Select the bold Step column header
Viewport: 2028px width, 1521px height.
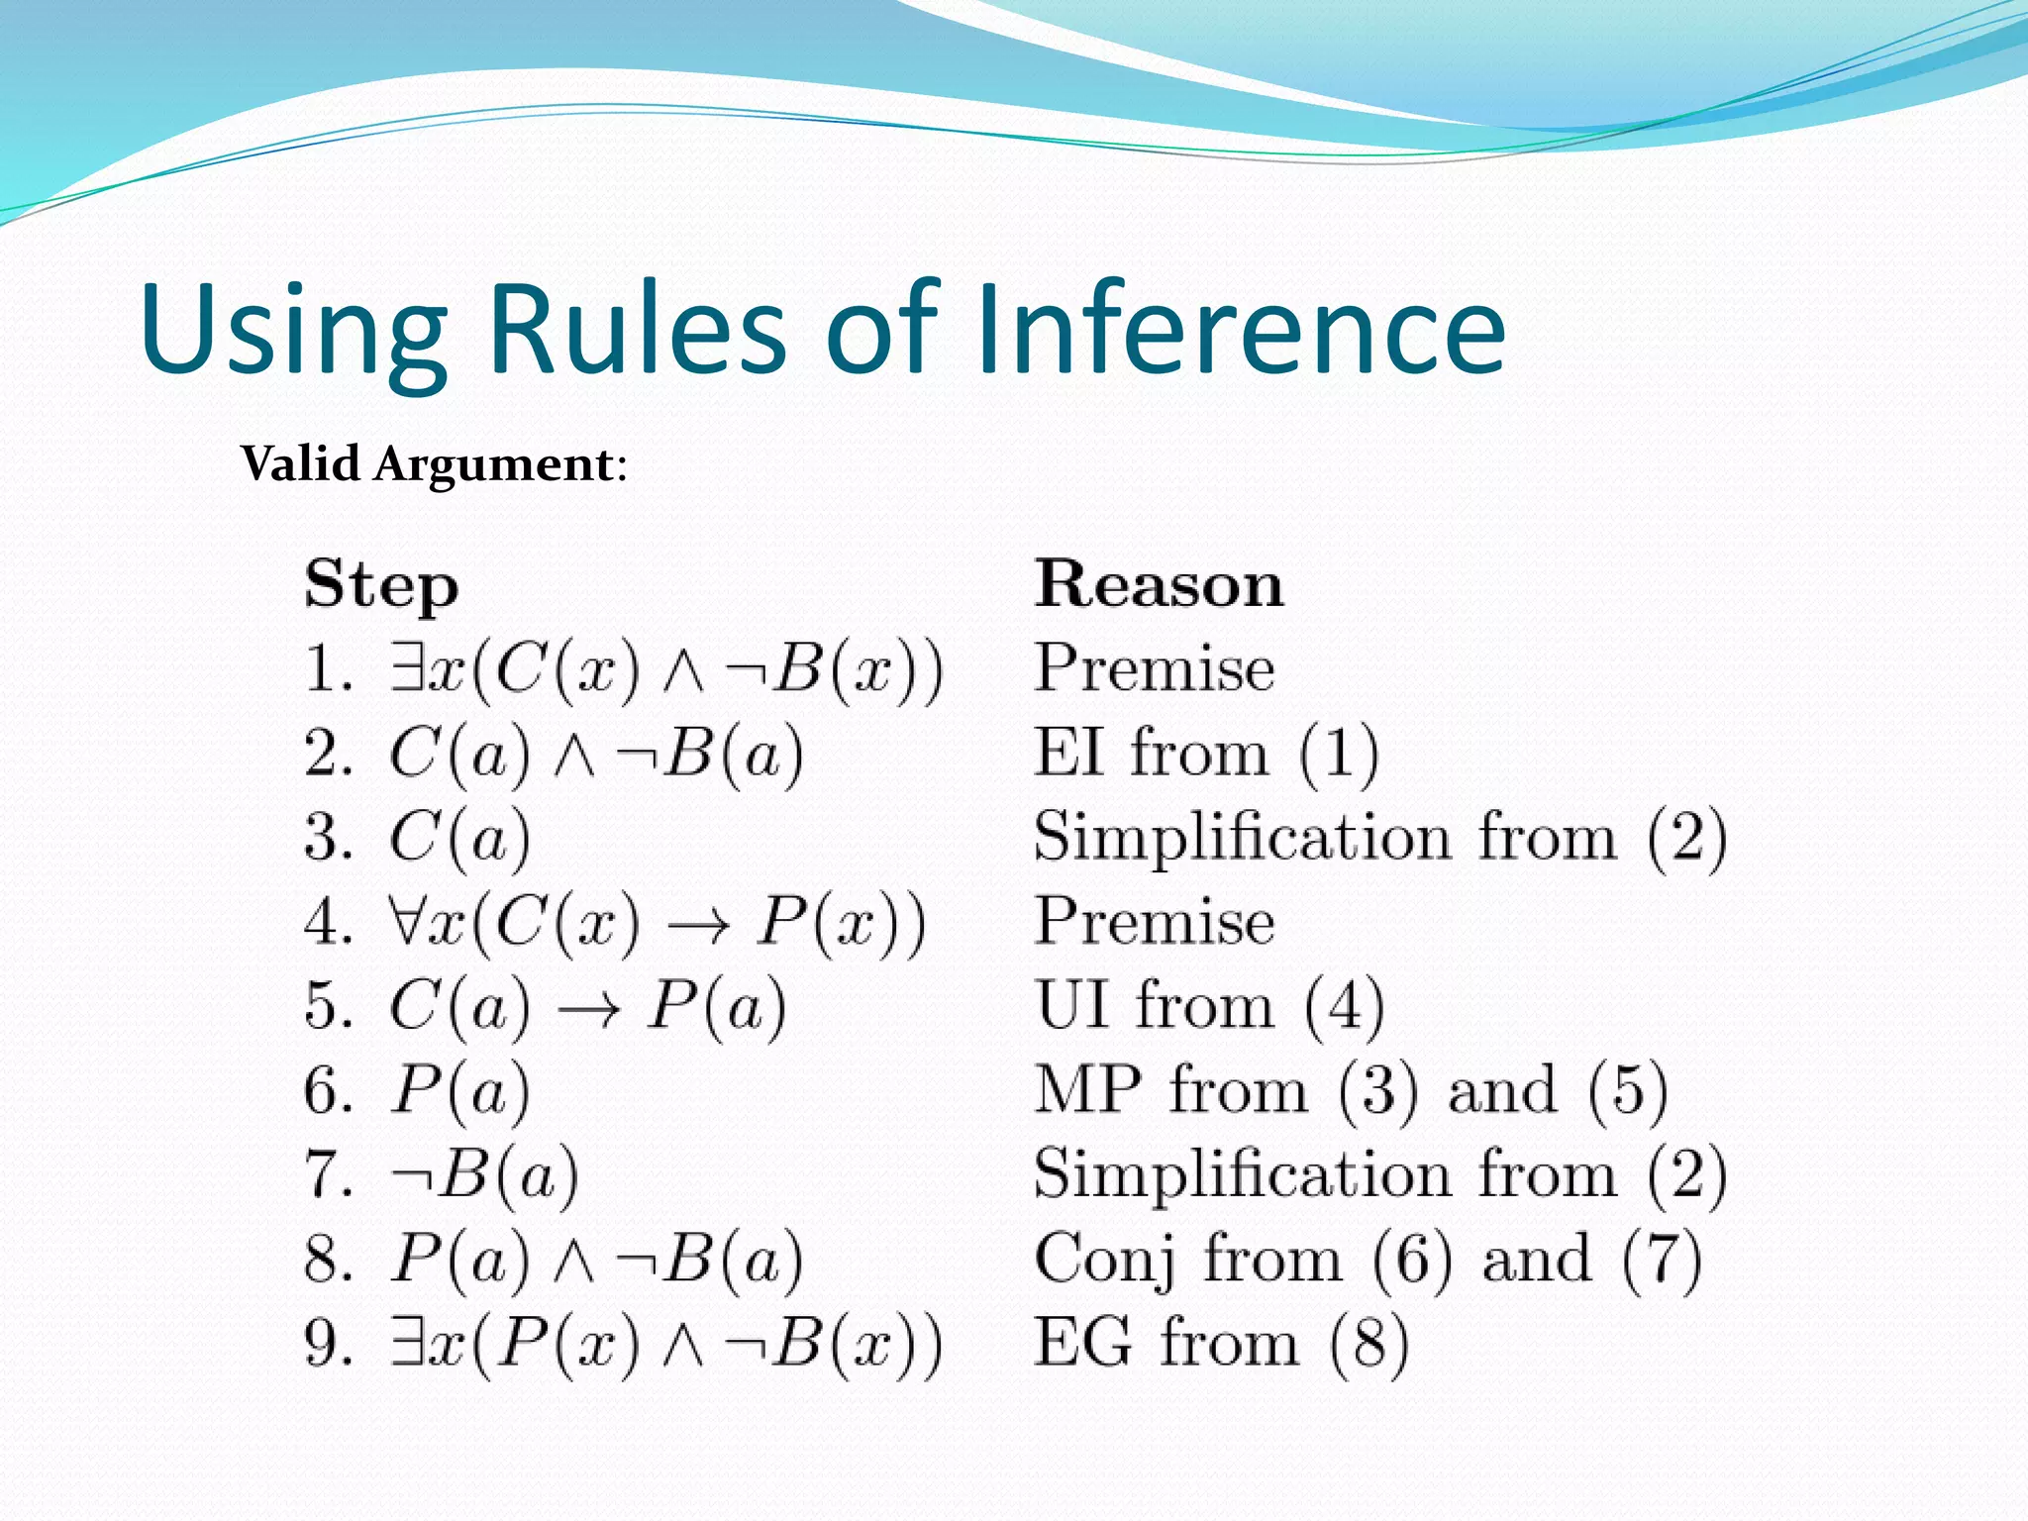click(381, 585)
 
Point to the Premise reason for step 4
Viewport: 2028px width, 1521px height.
click(1155, 921)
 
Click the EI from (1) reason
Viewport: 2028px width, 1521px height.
click(1206, 753)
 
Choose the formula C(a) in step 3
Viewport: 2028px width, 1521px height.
click(459, 838)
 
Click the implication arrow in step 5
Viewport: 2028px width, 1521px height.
click(589, 1009)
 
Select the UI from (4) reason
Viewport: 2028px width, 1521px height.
click(1209, 1006)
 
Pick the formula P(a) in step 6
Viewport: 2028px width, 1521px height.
click(459, 1091)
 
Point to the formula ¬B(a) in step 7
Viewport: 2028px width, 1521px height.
click(485, 1175)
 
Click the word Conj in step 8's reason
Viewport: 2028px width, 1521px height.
click(1104, 1261)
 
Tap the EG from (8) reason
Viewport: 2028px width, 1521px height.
click(1220, 1344)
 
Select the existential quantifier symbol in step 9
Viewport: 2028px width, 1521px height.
click(406, 1343)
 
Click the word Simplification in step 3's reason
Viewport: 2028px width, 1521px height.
click(1242, 838)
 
